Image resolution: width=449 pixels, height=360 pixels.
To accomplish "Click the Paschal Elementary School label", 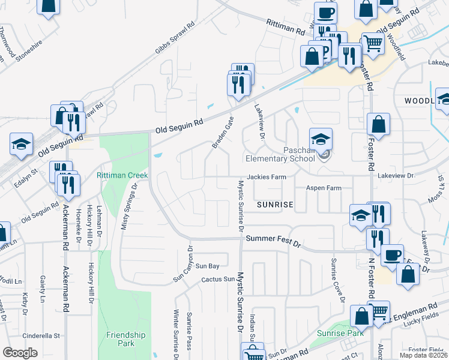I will pos(280,154).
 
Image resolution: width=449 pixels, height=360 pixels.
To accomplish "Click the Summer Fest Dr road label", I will pos(273,240).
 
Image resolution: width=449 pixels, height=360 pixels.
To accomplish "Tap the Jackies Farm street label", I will pos(264,177).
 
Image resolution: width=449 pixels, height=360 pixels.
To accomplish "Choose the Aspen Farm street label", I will pos(324,188).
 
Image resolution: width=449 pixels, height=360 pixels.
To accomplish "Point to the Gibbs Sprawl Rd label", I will pos(175,40).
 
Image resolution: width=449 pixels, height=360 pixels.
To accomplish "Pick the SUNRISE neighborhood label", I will pos(275,205).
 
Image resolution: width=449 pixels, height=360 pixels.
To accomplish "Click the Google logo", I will pos(20,353).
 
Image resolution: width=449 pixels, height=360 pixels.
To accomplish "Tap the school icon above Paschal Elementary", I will pos(321,139).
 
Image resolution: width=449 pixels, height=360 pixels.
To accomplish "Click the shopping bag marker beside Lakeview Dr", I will pos(378,124).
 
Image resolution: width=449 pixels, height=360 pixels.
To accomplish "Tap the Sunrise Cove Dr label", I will pos(336,281).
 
